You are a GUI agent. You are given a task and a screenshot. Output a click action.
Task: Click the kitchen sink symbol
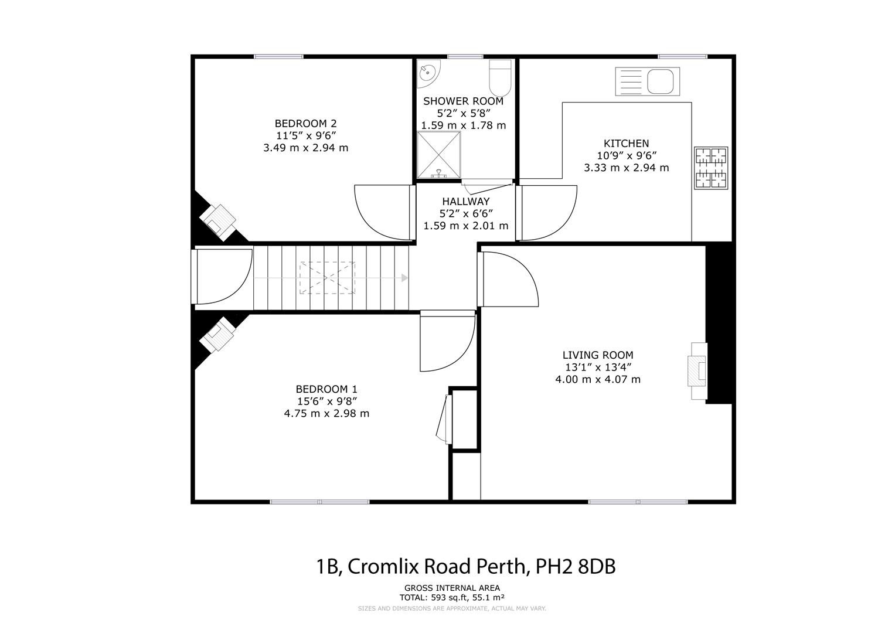point(647,81)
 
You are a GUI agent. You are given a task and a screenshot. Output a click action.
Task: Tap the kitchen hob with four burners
point(710,168)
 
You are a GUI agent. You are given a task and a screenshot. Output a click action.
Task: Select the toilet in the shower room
point(501,78)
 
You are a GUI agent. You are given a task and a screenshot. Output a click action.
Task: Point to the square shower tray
point(438,155)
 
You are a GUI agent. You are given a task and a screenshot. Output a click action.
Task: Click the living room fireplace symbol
point(698,372)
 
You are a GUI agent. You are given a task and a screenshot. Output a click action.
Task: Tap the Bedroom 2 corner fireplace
point(218,221)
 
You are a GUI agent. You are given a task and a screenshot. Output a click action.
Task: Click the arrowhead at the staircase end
point(404,278)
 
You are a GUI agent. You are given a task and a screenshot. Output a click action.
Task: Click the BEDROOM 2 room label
point(305,123)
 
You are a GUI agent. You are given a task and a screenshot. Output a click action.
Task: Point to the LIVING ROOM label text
point(597,355)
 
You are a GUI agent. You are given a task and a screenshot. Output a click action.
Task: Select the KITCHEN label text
point(626,143)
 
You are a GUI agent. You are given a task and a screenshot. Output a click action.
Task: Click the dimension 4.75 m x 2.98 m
point(326,413)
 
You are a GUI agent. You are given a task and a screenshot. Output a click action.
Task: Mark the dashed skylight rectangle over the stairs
point(327,278)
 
